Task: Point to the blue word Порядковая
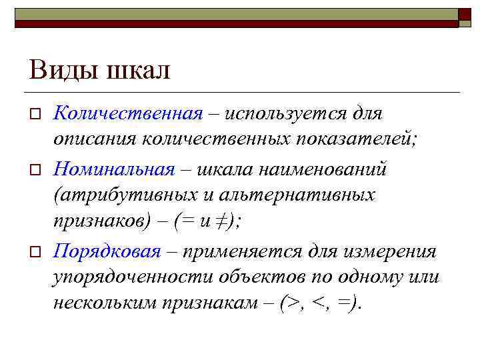coord(107,251)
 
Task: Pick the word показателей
coord(361,141)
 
